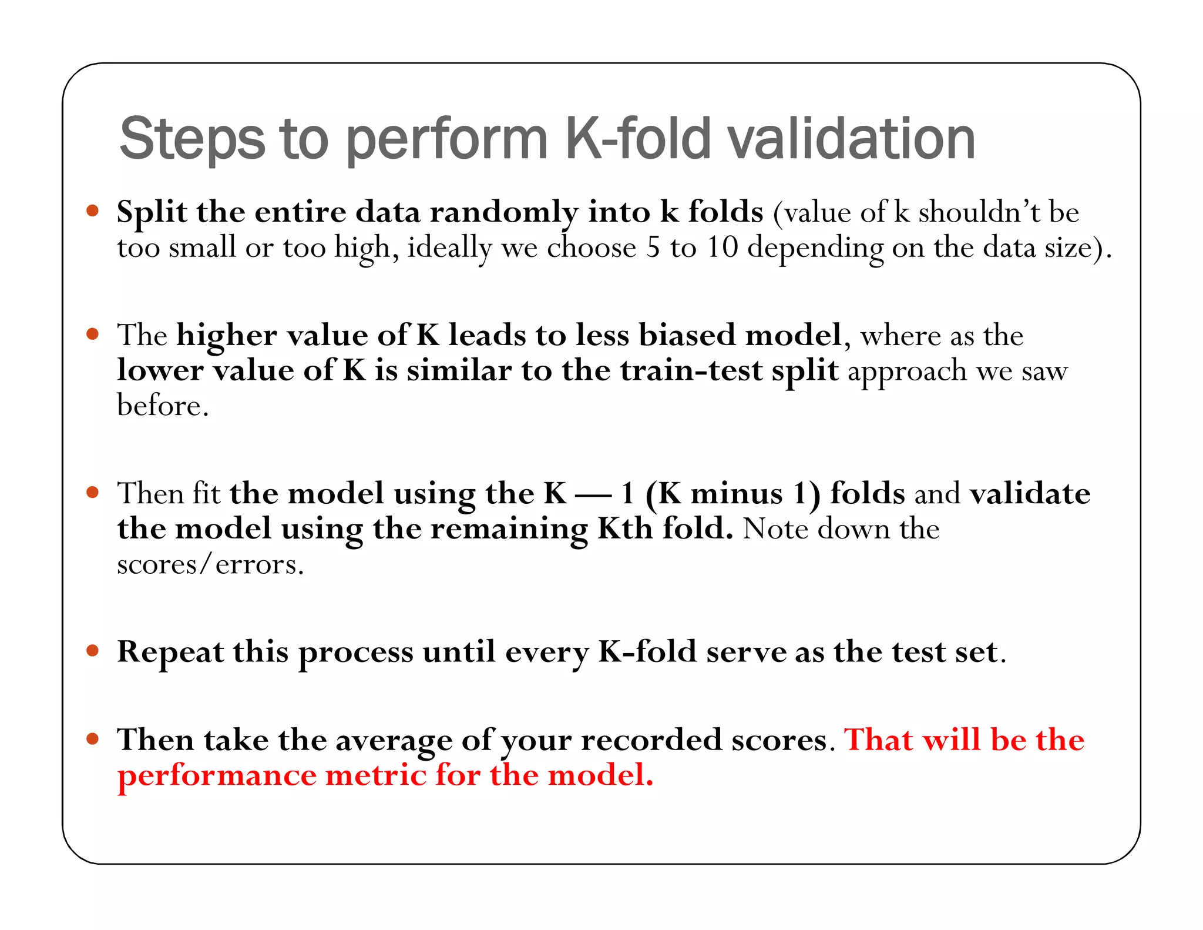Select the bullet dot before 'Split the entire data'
click(x=92, y=210)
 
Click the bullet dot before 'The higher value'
click(x=92, y=334)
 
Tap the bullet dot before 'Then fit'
click(x=92, y=492)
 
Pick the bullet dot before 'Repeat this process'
click(x=92, y=650)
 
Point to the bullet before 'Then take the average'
click(x=92, y=738)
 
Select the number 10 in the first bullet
click(x=722, y=247)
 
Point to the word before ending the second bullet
click(x=162, y=406)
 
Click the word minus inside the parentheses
click(x=737, y=493)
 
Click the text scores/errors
click(x=210, y=565)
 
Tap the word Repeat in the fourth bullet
click(x=170, y=652)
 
